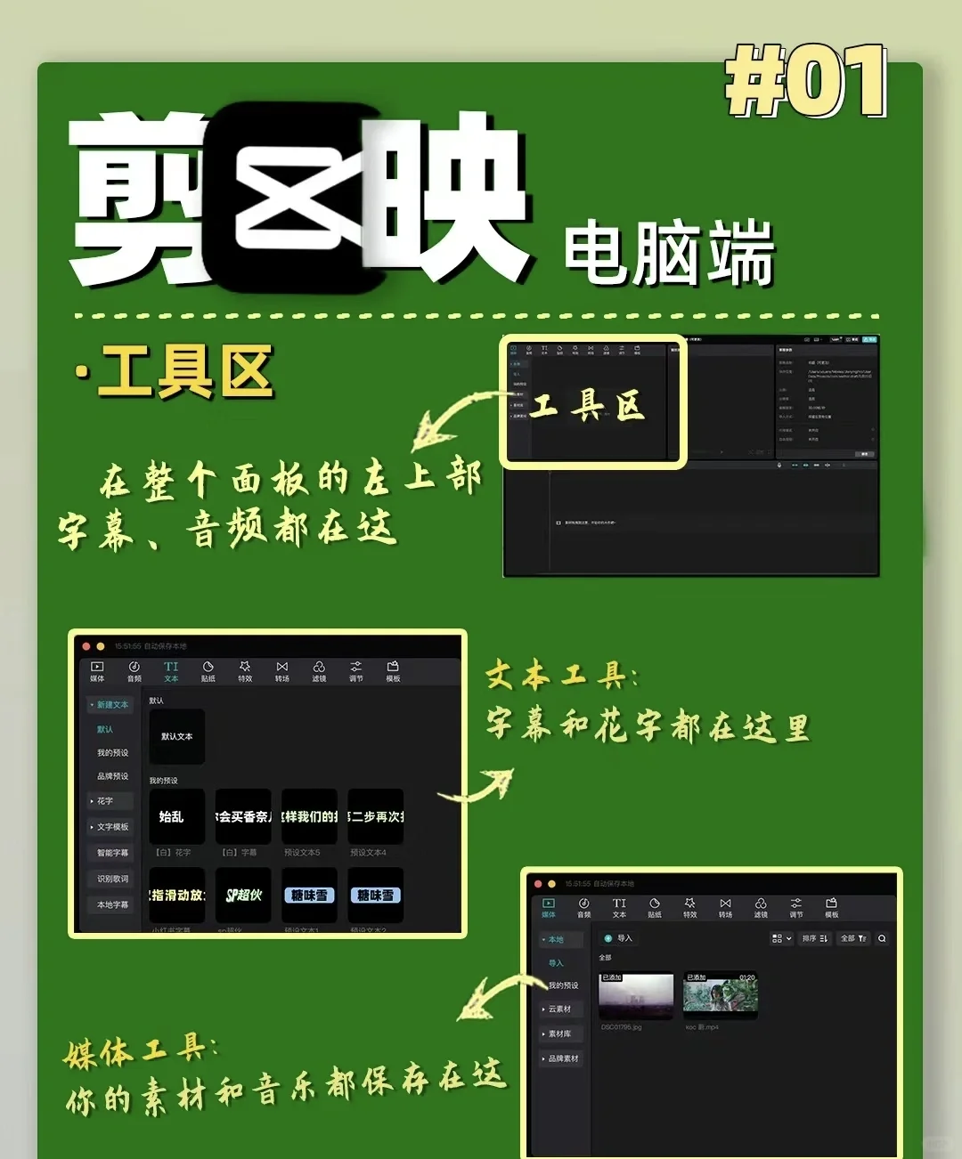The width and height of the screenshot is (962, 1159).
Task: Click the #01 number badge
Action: click(806, 82)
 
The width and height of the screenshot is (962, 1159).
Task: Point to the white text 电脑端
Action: click(668, 254)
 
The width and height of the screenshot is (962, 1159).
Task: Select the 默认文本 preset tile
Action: click(176, 736)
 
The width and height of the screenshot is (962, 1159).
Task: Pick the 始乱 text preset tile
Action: click(176, 816)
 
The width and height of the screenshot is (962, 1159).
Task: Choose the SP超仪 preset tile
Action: click(243, 895)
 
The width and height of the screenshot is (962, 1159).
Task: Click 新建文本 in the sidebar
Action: click(111, 704)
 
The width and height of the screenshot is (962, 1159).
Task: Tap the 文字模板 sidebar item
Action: click(111, 827)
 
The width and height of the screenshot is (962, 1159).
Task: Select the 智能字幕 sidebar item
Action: click(112, 853)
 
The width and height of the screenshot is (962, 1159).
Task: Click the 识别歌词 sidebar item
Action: click(112, 879)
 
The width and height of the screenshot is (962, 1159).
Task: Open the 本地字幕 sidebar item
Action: click(112, 904)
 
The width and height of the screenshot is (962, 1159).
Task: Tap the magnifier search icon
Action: click(882, 938)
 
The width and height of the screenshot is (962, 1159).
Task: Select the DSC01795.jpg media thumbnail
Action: click(636, 995)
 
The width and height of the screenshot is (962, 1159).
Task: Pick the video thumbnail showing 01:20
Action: click(721, 995)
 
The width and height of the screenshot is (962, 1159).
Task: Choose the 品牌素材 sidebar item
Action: click(562, 1058)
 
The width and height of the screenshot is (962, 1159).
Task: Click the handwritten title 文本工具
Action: click(561, 677)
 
